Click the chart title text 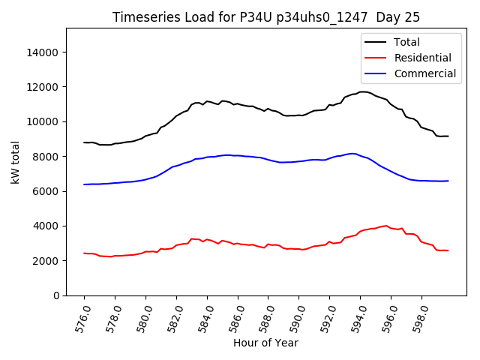266,17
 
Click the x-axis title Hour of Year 265,343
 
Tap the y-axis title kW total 16,161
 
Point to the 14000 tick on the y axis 43,52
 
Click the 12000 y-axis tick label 43,87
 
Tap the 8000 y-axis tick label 46,157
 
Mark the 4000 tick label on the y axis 46,226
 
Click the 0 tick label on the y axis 56,295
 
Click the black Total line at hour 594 360,92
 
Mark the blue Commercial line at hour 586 238,155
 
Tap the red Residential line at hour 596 391,227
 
